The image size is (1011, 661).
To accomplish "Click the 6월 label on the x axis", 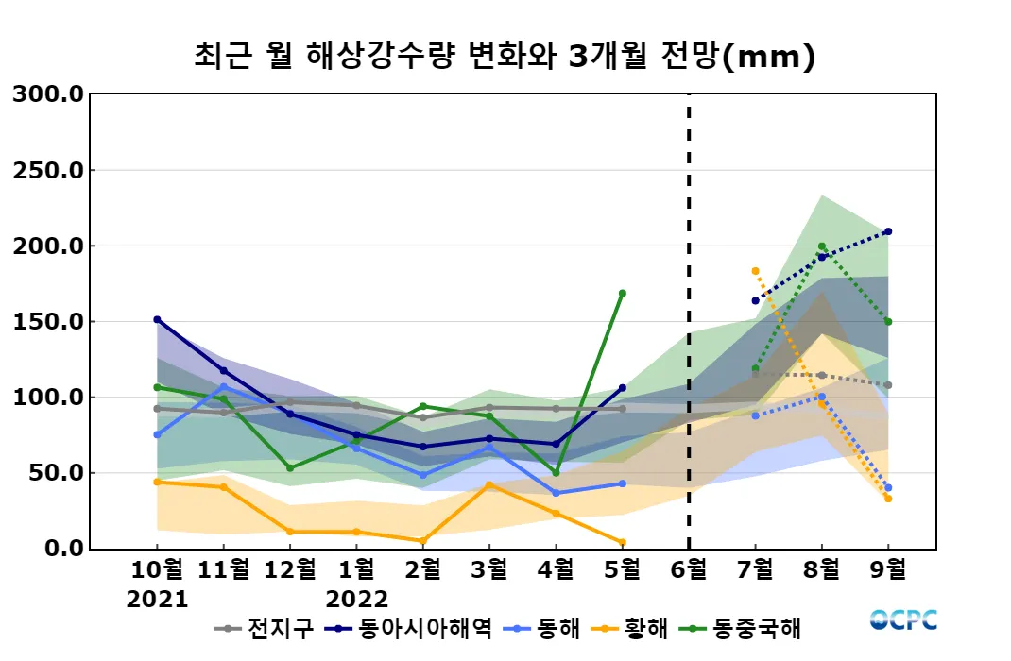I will (688, 570).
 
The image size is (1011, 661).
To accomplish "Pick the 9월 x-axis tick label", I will (888, 570).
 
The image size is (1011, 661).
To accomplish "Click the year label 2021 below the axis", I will (157, 600).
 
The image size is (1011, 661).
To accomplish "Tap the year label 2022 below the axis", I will (356, 600).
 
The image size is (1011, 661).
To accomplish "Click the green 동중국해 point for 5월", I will (622, 293).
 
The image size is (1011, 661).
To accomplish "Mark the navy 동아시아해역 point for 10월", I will (157, 319).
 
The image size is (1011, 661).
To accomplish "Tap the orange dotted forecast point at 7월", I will (755, 271).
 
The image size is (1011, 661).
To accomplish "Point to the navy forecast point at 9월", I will (888, 231).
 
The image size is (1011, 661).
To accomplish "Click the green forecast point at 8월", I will (821, 246).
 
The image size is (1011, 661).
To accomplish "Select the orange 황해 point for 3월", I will (488, 484).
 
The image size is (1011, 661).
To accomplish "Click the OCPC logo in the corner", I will (903, 619).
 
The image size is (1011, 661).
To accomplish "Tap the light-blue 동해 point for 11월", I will (224, 386).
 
